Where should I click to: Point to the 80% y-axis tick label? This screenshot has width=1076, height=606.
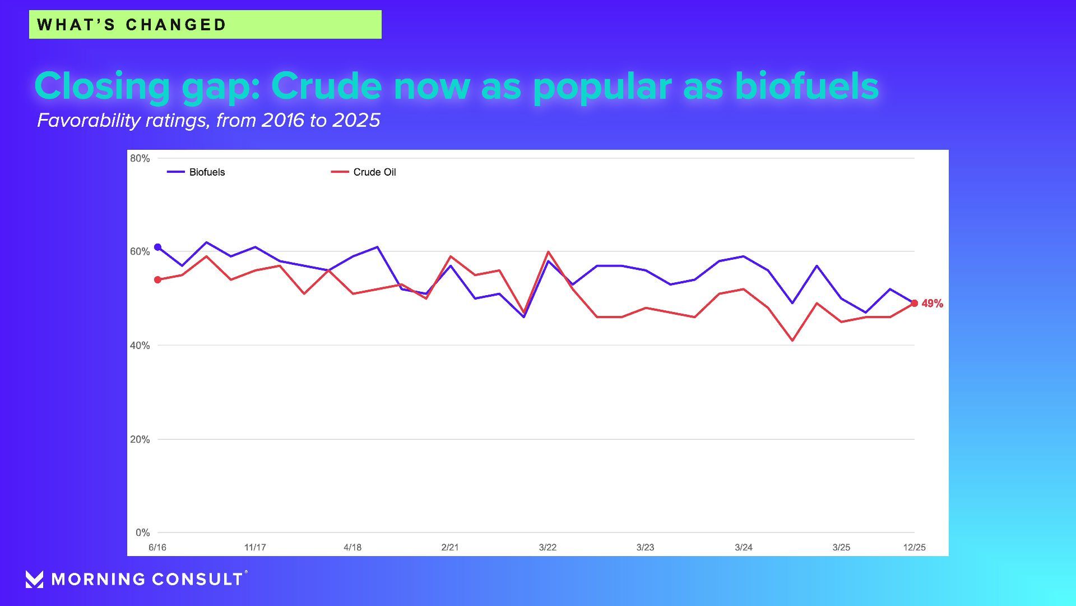click(140, 159)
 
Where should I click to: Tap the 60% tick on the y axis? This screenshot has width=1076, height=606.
click(140, 252)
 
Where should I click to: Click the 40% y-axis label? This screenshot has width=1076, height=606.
click(140, 346)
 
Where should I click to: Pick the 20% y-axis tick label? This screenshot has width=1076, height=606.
click(140, 439)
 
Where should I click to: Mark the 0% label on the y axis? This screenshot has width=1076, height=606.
click(142, 532)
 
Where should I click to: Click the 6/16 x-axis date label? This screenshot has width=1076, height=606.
click(157, 548)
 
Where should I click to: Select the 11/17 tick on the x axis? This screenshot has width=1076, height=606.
click(255, 548)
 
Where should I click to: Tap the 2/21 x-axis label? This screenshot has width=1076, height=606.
click(450, 548)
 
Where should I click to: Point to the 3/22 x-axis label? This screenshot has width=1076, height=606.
click(548, 548)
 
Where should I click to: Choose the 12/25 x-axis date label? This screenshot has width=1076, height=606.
click(914, 548)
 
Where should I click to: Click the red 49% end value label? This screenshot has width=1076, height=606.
click(932, 304)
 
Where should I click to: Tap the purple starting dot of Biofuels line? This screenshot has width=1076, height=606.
click(157, 247)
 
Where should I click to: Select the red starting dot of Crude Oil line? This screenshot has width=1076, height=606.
click(157, 279)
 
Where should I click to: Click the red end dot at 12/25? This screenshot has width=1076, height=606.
click(914, 303)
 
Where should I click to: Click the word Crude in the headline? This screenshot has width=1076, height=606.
click(327, 86)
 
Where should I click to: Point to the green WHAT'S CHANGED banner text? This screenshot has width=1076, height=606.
click(132, 25)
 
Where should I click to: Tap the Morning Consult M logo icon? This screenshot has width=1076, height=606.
click(34, 579)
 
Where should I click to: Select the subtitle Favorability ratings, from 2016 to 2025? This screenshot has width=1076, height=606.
click(208, 120)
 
